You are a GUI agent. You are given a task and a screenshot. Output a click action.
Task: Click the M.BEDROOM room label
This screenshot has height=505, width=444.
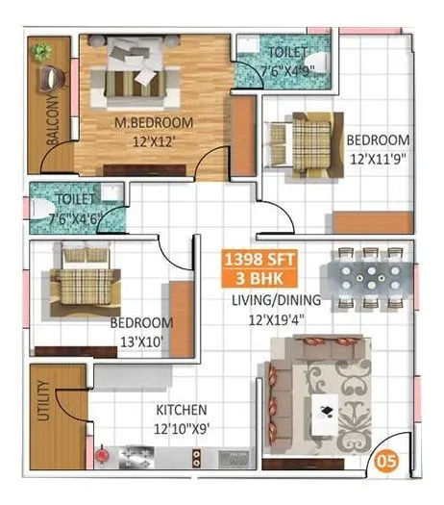(x=154, y=122)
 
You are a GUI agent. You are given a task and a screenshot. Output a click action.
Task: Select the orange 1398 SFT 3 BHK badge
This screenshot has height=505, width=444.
(x=259, y=266)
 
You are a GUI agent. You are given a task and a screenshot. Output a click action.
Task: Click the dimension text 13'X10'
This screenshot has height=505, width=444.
(x=140, y=340)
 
